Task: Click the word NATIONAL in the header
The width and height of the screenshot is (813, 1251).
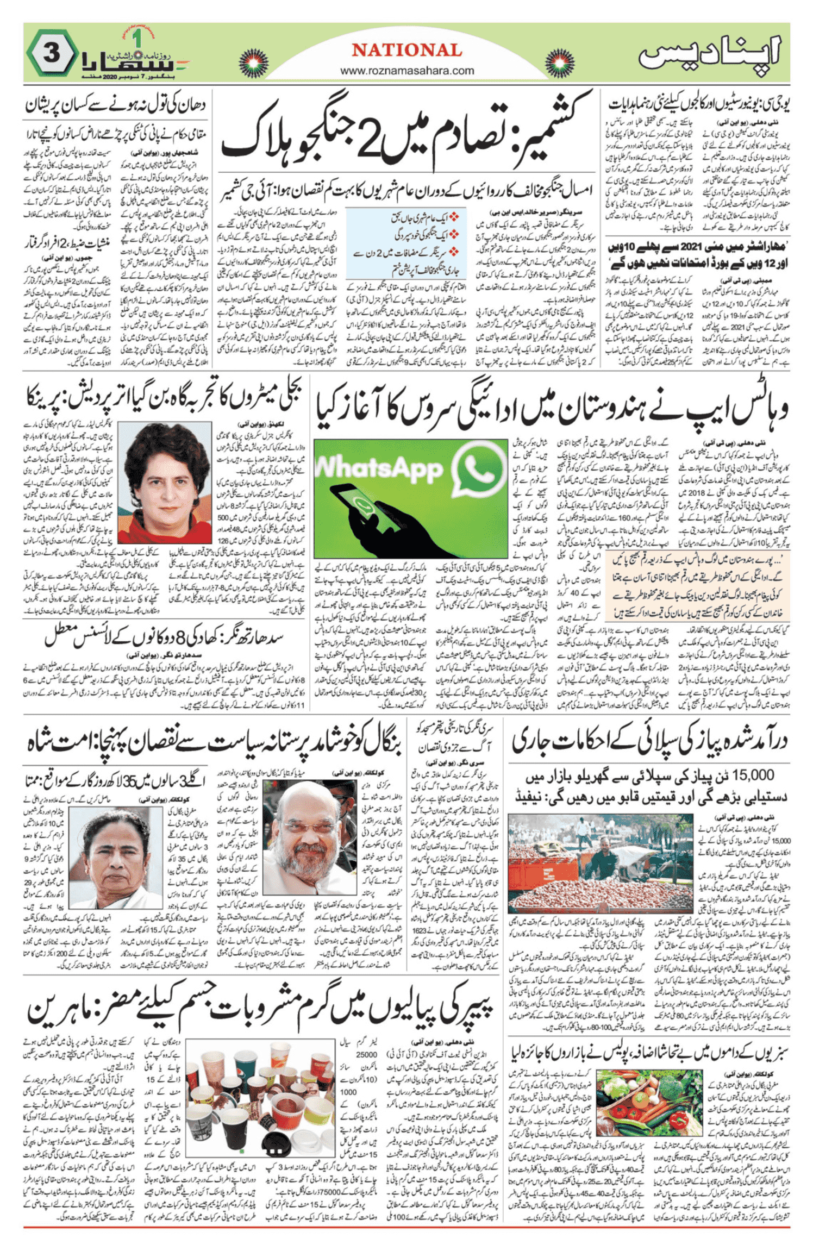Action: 406,51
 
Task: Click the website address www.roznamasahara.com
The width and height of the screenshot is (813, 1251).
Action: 406,71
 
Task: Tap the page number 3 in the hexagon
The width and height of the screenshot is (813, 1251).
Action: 52,54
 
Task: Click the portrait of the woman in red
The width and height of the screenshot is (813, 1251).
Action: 164,483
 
